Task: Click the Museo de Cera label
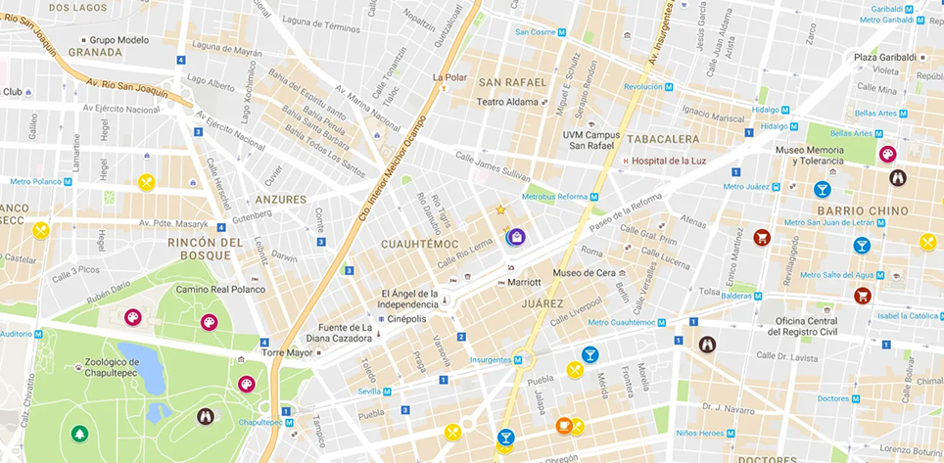click(583, 272)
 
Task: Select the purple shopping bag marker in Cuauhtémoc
click(516, 236)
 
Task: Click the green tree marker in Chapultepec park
click(78, 433)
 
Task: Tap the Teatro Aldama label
click(507, 102)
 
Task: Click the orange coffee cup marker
click(564, 425)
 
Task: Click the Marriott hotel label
click(523, 282)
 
